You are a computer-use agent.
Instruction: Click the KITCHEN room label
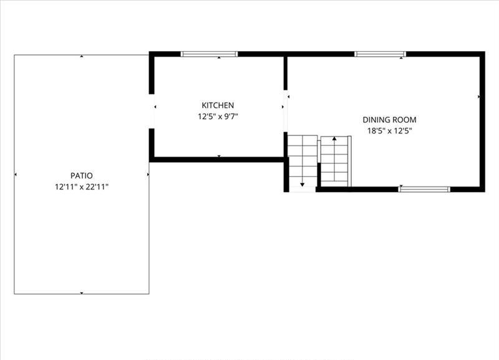tap(218, 105)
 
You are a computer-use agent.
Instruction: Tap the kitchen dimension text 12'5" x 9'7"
tap(218, 117)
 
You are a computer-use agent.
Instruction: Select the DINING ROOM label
tap(389, 120)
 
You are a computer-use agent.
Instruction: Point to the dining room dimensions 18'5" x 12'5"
tap(389, 131)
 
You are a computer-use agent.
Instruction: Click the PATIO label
tap(82, 176)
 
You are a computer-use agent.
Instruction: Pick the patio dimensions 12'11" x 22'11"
tap(82, 187)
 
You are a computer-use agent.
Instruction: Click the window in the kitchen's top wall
tap(209, 54)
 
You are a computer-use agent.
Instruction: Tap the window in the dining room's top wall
tap(380, 54)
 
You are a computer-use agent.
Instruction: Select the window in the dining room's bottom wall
tap(424, 190)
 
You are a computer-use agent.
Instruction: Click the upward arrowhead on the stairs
tap(334, 139)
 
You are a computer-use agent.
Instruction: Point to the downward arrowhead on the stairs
tap(303, 185)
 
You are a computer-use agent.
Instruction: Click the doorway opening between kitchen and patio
tap(152, 112)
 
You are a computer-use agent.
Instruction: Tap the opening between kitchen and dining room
tap(286, 111)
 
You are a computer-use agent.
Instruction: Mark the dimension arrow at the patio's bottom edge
tap(82, 293)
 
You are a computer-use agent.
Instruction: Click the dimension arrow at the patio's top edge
tap(82, 56)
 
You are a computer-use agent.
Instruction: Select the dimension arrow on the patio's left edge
tap(16, 175)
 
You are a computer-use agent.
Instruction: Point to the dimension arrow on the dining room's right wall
tap(478, 97)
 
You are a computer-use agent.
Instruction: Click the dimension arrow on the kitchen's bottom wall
tap(219, 156)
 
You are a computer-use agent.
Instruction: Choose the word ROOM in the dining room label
tap(404, 120)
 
